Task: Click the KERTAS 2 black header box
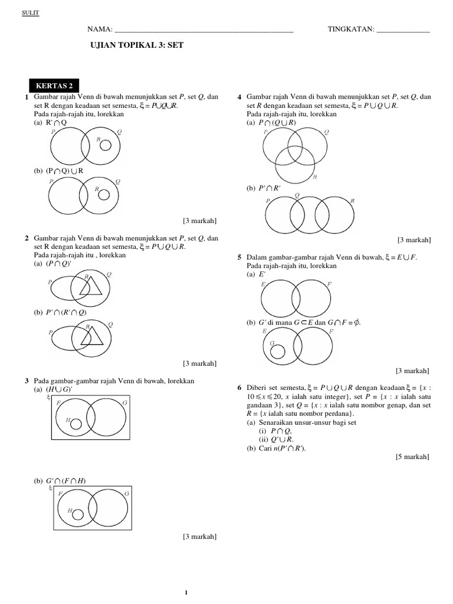click(55, 86)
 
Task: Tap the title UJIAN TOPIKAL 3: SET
click(131, 44)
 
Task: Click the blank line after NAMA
click(203, 29)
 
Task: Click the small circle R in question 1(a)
click(105, 145)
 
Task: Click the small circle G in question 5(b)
click(277, 352)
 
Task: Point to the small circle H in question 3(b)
click(77, 514)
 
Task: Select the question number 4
click(239, 97)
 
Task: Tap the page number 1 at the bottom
click(186, 592)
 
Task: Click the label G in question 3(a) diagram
click(124, 402)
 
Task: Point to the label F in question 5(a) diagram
click(329, 284)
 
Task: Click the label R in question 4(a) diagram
click(315, 177)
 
